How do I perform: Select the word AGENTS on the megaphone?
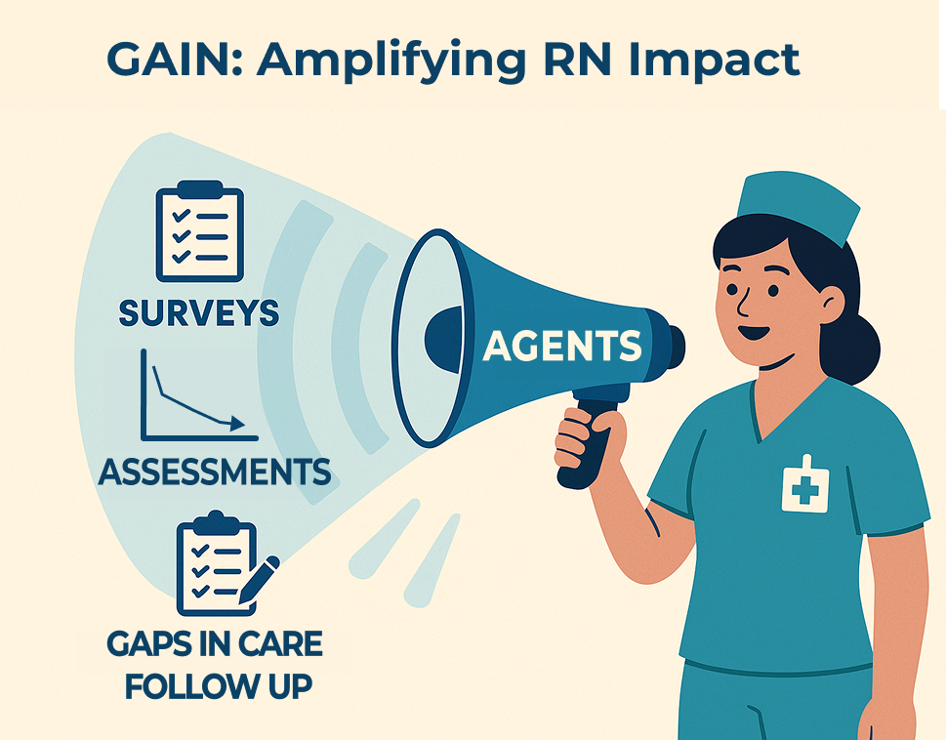pyautogui.click(x=562, y=345)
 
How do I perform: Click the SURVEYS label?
pyautogui.click(x=199, y=313)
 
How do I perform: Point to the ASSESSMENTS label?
pyautogui.click(x=215, y=472)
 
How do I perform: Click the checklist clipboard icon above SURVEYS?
pyautogui.click(x=200, y=233)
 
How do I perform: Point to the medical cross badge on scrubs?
pyautogui.click(x=805, y=483)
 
